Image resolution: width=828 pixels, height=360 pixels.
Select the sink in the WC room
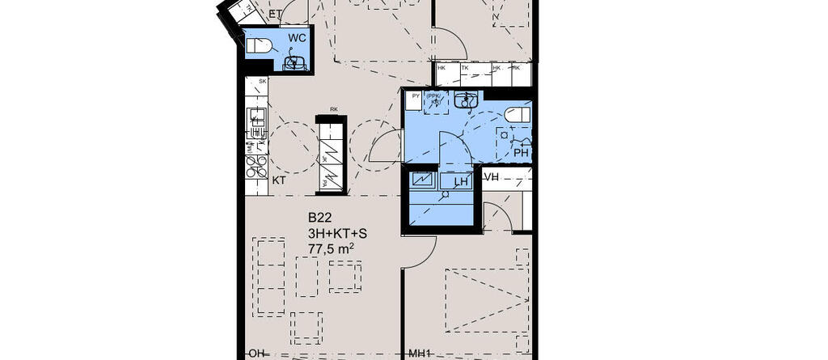(x=295, y=61)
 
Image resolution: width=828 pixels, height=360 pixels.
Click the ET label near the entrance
(x=275, y=14)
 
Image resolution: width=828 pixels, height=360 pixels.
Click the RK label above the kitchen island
(x=333, y=110)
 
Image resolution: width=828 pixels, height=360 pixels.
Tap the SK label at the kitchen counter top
(x=262, y=83)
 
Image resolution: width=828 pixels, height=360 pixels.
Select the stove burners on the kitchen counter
(x=257, y=166)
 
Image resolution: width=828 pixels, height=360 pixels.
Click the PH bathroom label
(x=521, y=152)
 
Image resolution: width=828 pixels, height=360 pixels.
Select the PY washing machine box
(x=416, y=102)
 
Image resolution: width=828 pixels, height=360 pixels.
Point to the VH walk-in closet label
(x=492, y=176)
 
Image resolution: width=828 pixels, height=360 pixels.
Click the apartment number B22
(x=320, y=218)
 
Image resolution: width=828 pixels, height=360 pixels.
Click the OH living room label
(x=257, y=354)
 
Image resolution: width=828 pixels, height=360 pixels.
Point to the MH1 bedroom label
(x=419, y=354)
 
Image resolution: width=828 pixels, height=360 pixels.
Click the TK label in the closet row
(x=465, y=68)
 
